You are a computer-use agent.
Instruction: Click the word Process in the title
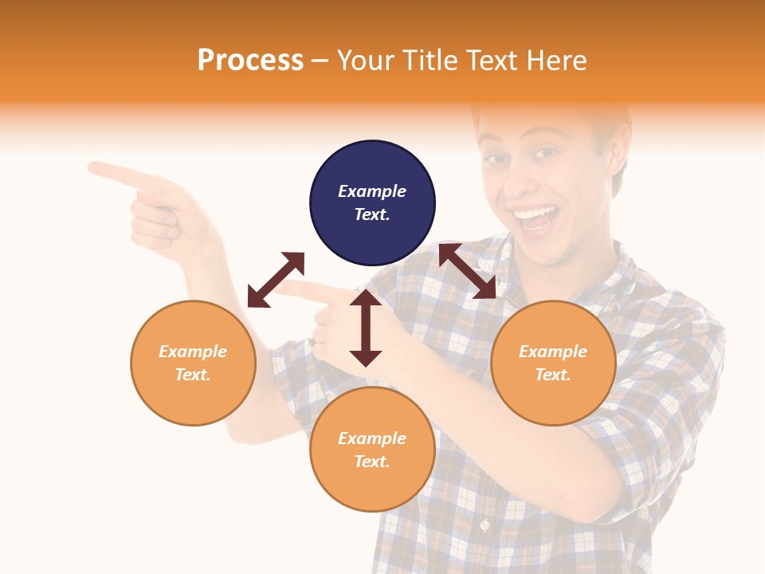tap(250, 61)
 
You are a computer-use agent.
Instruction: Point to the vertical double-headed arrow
tap(366, 328)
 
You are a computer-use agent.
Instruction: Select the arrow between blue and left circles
tap(276, 280)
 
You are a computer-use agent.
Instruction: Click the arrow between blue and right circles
tap(467, 271)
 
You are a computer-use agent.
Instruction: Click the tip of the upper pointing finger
tap(92, 167)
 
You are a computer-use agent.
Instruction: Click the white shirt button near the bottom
tap(484, 525)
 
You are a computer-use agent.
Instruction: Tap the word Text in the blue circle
tap(371, 214)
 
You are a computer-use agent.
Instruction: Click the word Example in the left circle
tap(193, 352)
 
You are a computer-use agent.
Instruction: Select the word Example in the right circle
tap(553, 352)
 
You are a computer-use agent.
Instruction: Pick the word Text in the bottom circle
tap(371, 462)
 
